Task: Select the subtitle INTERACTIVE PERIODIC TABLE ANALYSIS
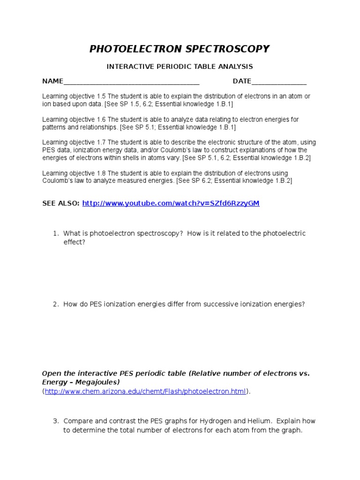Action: point(180,67)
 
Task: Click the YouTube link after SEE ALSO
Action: point(171,203)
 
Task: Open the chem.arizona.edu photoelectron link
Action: point(145,391)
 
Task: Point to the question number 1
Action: point(55,233)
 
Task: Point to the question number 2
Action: point(55,304)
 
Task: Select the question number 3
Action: point(55,421)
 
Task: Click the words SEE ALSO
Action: point(60,203)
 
